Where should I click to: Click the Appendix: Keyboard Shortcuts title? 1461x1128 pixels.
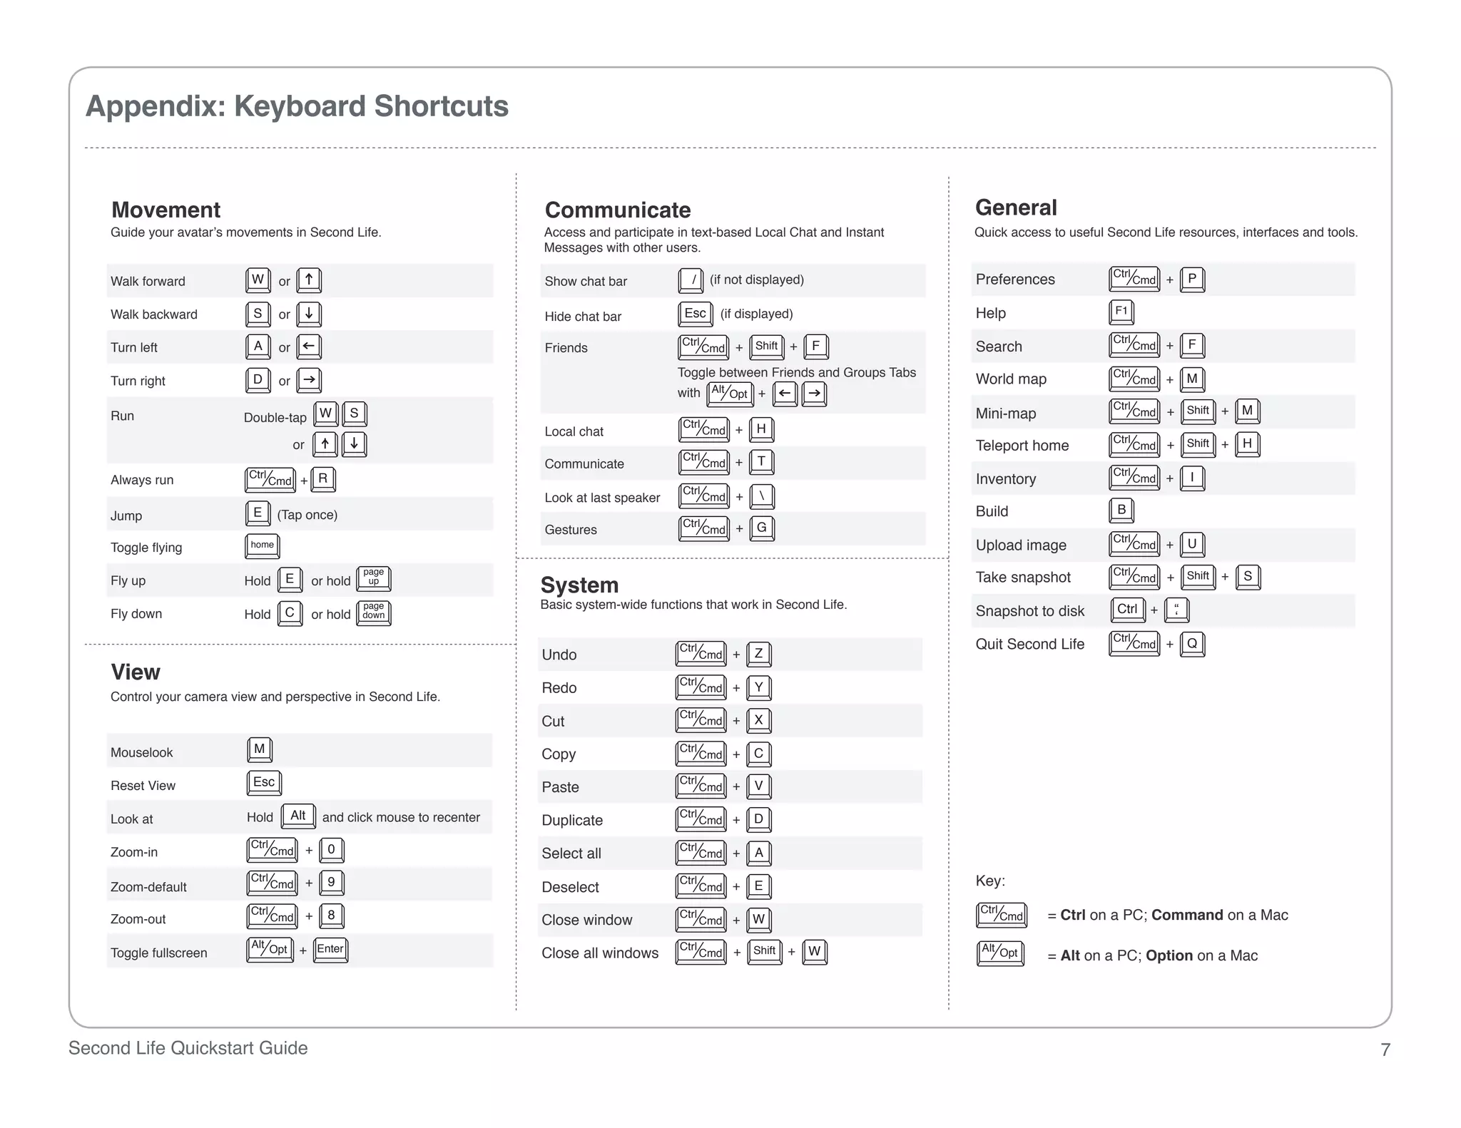297,106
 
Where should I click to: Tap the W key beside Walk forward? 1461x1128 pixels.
258,280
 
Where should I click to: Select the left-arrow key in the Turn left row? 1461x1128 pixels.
308,347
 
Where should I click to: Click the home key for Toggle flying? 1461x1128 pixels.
262,545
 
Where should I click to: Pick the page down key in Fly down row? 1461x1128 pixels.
373,612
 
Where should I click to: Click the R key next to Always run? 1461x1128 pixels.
323,479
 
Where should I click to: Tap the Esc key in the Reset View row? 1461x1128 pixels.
264,782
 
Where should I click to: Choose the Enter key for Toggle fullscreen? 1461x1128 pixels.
330,949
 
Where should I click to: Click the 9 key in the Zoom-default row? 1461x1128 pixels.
331,882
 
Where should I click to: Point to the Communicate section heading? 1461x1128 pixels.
617,210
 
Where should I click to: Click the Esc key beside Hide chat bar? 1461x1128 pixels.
695,313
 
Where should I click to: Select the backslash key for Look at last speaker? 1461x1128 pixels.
762,496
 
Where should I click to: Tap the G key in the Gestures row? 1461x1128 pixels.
762,528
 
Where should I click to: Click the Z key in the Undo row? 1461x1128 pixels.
758,653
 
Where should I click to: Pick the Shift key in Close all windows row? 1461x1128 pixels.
764,951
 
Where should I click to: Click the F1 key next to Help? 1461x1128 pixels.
1121,311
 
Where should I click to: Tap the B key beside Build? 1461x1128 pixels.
1121,510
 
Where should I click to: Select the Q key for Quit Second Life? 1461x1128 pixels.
1192,643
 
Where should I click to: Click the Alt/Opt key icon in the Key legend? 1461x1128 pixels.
1000,953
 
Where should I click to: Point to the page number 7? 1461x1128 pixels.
1385,1050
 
